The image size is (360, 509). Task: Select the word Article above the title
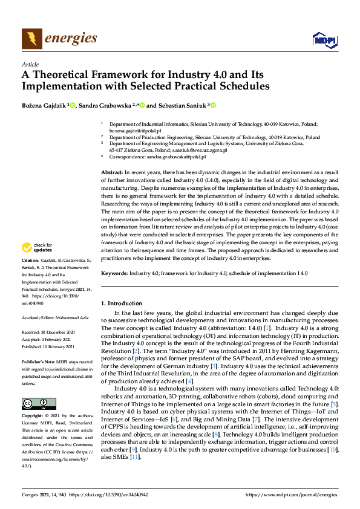coord(30,65)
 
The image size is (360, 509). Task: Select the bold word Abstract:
coord(112,173)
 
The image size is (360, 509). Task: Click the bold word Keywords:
coord(114,274)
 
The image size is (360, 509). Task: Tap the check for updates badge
coord(36,247)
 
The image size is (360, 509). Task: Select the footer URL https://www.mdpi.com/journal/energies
coord(292,494)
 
